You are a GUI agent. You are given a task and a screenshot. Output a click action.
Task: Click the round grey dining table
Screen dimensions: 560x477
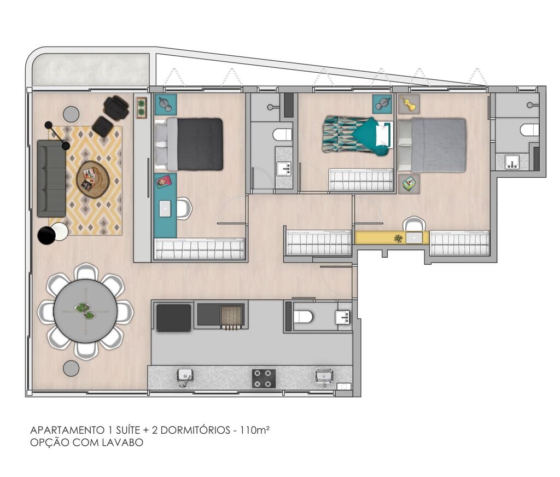point(85,311)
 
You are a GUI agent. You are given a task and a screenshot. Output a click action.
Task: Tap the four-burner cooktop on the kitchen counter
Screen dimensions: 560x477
point(264,379)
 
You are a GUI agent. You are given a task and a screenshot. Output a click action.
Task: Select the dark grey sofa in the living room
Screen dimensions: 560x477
point(51,178)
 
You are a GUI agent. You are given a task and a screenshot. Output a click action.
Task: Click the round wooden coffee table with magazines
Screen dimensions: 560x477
point(93,179)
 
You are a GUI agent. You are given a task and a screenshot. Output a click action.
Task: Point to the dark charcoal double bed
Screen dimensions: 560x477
point(189,144)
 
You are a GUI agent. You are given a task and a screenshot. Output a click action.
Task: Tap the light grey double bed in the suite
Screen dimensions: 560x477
point(432,145)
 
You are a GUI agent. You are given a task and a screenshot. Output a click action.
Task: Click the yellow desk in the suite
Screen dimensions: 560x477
point(392,238)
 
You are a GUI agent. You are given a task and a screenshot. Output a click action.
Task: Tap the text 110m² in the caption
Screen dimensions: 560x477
point(254,429)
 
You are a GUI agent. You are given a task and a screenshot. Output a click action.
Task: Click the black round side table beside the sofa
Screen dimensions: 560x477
point(46,235)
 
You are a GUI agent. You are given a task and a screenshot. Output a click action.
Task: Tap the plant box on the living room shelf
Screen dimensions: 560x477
point(142,108)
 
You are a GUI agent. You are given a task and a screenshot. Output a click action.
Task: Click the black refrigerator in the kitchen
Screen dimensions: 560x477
point(173,318)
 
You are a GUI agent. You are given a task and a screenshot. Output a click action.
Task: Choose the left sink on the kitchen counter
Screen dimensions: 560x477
point(185,377)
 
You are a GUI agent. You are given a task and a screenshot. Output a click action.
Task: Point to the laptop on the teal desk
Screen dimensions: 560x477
point(165,208)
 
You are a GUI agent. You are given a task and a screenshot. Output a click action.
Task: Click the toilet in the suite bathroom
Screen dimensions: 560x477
point(529,130)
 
